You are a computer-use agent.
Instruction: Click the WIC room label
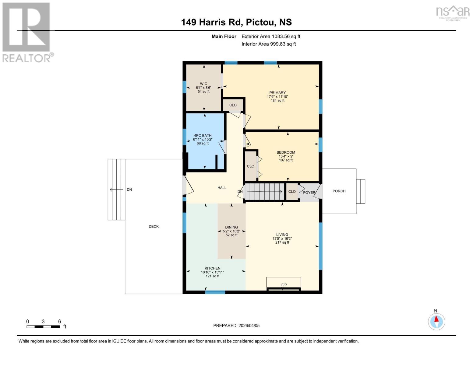point(203,84)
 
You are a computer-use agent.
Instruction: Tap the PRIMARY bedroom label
point(277,93)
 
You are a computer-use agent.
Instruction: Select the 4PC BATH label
point(203,136)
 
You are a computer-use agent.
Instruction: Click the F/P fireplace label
point(284,285)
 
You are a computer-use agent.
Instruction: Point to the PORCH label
point(339,191)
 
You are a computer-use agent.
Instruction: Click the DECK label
point(154,226)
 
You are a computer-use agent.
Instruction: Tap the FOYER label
point(309,193)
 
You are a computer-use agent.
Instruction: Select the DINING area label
point(231,227)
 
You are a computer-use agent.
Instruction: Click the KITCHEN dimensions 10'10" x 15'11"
point(212,272)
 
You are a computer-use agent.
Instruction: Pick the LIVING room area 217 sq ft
point(282,242)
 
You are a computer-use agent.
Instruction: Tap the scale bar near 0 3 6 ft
point(43,327)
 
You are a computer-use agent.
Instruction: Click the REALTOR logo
point(27,32)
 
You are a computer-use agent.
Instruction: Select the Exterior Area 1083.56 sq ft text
point(271,36)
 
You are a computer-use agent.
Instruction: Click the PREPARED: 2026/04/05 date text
point(236,325)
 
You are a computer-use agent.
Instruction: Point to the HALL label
point(222,188)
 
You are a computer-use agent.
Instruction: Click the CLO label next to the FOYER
point(292,192)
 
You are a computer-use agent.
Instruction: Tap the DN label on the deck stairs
point(129,189)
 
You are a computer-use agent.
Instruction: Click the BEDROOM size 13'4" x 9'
point(286,156)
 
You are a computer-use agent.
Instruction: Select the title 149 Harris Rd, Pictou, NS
point(236,22)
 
